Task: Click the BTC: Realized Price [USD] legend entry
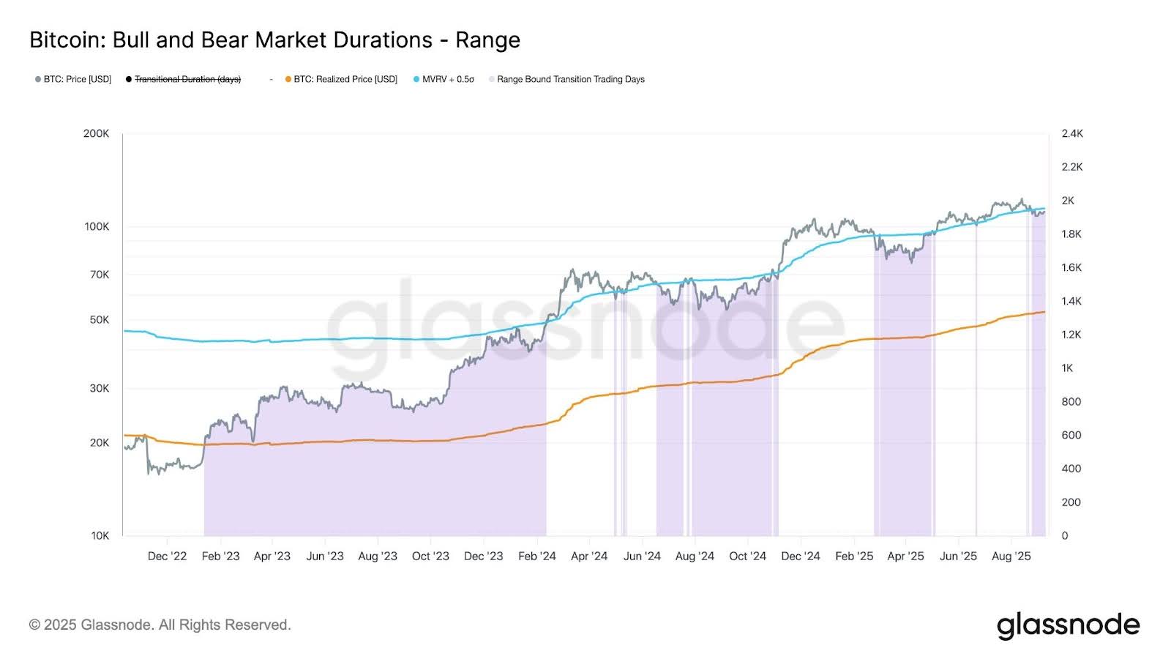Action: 345,79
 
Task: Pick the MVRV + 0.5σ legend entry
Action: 447,79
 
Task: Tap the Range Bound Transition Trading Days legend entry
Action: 570,79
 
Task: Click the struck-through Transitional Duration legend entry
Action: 187,79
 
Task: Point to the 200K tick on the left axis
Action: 97,133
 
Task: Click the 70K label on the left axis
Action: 100,275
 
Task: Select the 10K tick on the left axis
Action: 100,535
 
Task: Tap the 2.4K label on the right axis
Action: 1072,133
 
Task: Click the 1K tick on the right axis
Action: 1067,368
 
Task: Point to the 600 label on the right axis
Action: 1071,435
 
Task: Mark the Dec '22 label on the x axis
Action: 167,556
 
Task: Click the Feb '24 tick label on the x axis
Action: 536,556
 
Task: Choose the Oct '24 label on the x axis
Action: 747,556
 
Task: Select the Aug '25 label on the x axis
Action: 1011,556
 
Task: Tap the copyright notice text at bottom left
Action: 160,625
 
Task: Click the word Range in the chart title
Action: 487,40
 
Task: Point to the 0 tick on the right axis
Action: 1065,535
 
